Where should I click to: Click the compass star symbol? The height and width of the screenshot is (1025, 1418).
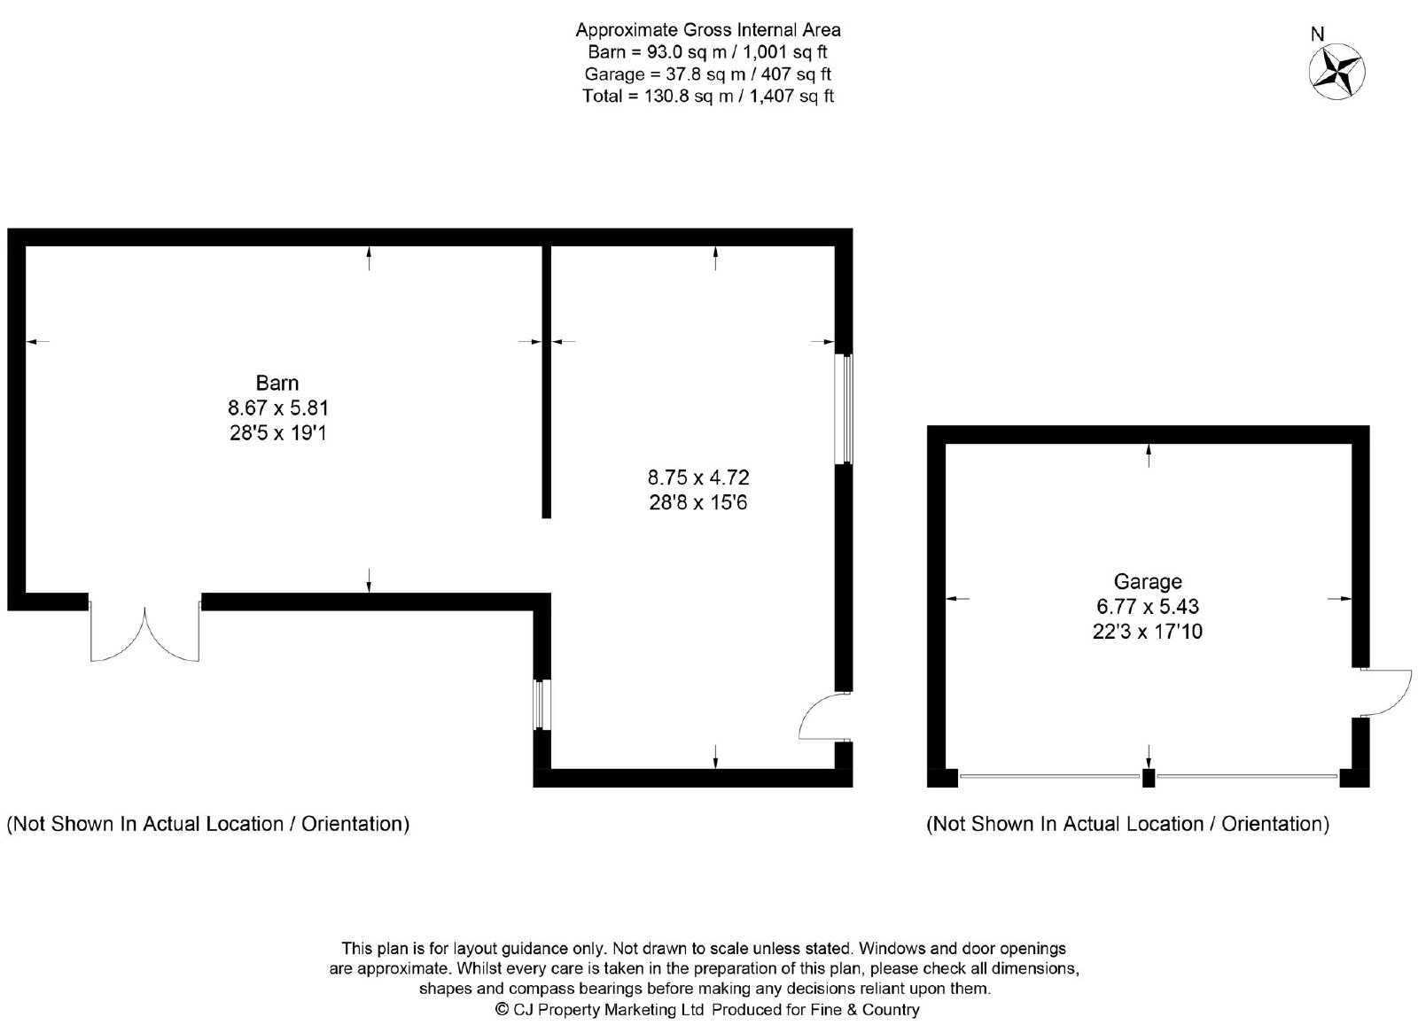[1337, 72]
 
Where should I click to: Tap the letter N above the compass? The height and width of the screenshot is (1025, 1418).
[1317, 35]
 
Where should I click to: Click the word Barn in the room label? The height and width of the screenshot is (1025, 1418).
[277, 383]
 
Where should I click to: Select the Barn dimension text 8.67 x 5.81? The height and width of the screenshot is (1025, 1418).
[278, 408]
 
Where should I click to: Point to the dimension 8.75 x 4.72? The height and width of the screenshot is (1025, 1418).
[698, 477]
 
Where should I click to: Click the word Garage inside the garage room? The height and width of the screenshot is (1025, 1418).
[1148, 581]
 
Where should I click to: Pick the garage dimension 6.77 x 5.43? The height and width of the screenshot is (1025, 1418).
[1148, 606]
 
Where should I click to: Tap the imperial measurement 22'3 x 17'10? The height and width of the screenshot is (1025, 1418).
[1148, 631]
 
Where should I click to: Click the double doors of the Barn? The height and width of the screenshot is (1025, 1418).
[145, 633]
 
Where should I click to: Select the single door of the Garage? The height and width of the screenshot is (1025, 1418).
[1386, 693]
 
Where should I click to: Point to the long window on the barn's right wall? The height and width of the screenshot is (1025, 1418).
[844, 408]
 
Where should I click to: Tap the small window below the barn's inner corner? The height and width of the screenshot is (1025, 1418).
[541, 705]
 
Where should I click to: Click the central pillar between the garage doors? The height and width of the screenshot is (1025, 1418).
[1149, 778]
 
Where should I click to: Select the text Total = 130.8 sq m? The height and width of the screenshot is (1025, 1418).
[650, 97]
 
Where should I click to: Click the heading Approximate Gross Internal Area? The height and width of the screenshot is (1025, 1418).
[708, 30]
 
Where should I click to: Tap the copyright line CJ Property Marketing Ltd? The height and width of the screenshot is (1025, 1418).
[599, 1010]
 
